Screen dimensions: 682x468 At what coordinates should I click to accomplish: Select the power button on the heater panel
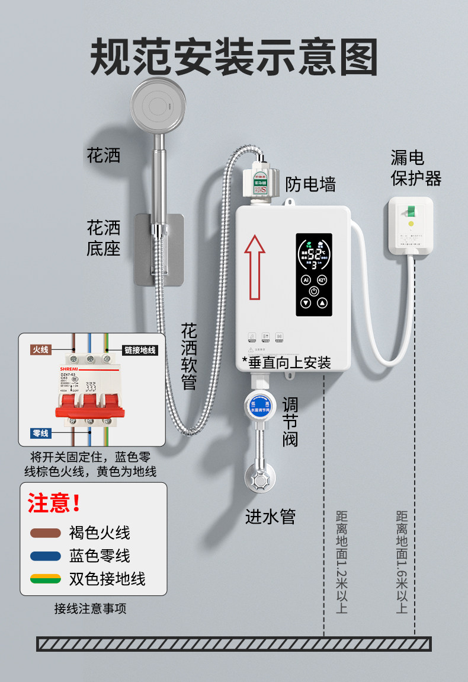[x=313, y=291]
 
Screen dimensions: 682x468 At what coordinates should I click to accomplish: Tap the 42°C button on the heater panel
[x=322, y=279]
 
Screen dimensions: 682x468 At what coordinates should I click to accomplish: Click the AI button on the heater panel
[x=306, y=279]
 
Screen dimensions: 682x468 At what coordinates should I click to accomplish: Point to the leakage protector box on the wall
[x=410, y=227]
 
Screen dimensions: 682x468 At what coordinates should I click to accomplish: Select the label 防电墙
[x=310, y=184]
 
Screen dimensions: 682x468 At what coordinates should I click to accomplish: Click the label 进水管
[x=270, y=517]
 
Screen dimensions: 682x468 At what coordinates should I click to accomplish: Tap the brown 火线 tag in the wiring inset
[x=41, y=350]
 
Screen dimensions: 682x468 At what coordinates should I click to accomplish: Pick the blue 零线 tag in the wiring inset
[x=41, y=434]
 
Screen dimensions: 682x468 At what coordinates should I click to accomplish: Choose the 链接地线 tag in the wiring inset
[x=140, y=350]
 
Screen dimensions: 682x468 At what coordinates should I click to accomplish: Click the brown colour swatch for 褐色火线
[x=46, y=533]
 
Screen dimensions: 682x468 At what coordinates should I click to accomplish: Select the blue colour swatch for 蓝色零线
[x=46, y=556]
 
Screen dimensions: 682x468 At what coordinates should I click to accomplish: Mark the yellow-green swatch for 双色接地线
[x=46, y=578]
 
